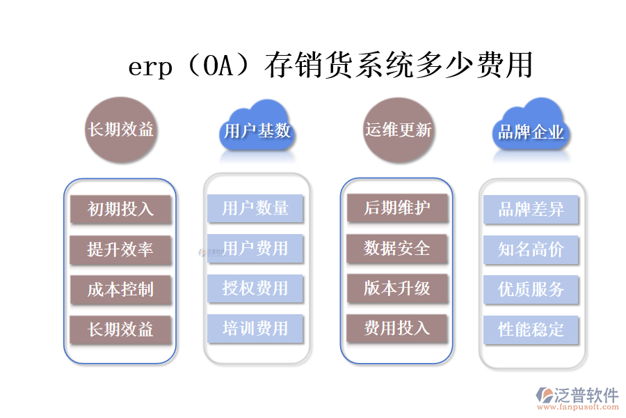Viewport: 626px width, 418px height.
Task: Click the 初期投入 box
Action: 120,209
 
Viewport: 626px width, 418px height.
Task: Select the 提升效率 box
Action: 120,249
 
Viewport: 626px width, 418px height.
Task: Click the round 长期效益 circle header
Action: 120,130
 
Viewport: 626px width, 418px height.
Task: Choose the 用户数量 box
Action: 255,208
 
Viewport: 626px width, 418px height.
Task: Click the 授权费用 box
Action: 255,288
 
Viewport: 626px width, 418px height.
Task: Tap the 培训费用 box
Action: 255,328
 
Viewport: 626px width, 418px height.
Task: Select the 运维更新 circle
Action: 399,130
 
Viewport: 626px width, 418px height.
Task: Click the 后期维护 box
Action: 397,208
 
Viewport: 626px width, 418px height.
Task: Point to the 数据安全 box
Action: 397,248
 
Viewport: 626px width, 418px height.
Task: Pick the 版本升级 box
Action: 397,288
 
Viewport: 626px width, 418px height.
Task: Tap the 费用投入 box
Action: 397,328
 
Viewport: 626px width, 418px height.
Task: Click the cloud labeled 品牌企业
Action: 531,130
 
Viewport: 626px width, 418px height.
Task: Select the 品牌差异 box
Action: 531,209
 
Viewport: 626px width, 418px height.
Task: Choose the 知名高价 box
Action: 531,249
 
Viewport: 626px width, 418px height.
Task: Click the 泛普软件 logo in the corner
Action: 577,399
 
